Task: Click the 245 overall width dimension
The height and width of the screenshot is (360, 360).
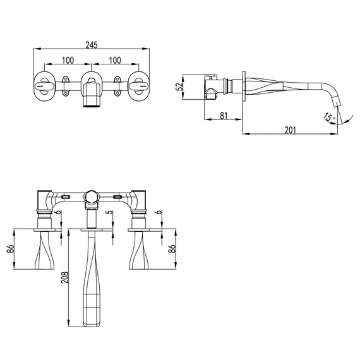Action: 92,45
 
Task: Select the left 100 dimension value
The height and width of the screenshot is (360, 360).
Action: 68,60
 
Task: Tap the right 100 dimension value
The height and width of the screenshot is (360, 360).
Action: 115,60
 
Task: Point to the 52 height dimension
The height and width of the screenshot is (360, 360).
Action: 179,87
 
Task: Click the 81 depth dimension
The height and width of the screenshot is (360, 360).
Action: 224,116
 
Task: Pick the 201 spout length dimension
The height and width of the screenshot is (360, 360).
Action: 291,130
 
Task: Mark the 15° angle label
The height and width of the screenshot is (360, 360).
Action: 329,117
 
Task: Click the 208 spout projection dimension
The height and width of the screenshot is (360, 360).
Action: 65,277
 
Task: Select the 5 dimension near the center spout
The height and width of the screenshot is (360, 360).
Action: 111,212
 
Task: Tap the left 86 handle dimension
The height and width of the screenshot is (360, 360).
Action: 11,249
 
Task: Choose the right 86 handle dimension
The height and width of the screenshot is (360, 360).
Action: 172,249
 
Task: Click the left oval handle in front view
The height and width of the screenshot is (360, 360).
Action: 45,87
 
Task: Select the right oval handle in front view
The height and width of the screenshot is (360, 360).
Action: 139,87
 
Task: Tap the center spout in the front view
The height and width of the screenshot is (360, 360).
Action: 92,95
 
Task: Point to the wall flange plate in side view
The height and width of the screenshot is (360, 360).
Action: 244,87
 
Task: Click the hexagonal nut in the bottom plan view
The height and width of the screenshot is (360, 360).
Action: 91,197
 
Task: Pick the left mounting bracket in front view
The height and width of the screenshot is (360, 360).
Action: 66,86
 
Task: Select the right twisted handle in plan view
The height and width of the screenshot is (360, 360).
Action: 139,250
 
